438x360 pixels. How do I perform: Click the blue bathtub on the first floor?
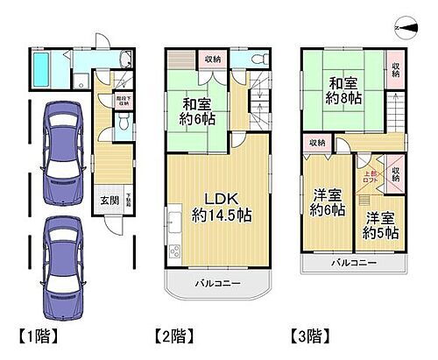click(42, 68)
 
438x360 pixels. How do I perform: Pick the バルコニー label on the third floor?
click(355, 262)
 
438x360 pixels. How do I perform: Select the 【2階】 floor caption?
click(173, 335)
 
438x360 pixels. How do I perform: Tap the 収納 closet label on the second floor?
click(213, 60)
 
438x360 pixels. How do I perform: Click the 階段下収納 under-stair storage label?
click(124, 102)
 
